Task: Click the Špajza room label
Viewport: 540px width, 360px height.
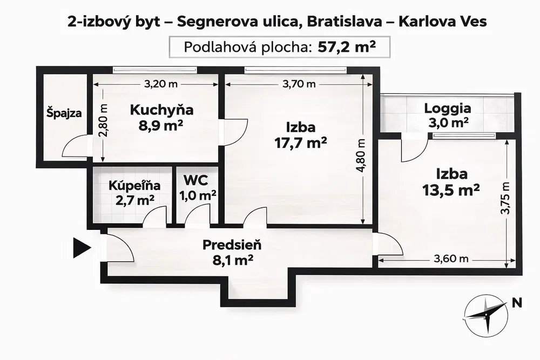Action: point(64,114)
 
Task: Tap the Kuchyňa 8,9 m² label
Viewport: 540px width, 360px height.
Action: point(161,117)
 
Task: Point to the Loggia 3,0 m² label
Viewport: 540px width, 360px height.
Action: point(447,114)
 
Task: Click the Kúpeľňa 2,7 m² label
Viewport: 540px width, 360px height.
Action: point(134,192)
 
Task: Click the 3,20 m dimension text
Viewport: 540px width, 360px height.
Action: point(161,84)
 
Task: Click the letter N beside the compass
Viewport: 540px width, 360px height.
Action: point(517,303)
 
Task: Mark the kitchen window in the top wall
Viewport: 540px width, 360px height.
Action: point(154,69)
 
